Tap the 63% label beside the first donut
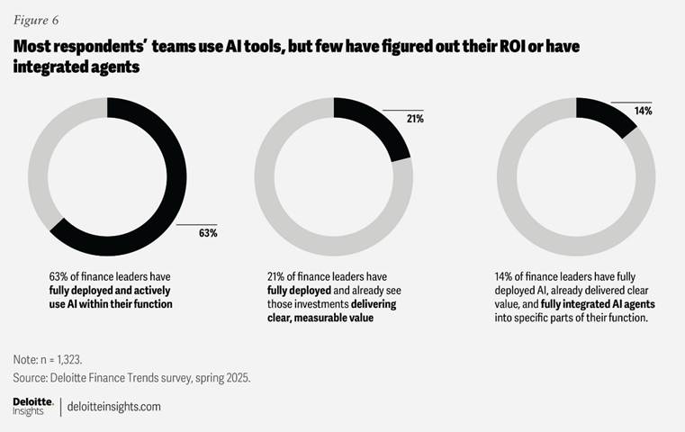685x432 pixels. click(208, 233)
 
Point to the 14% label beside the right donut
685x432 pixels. click(643, 111)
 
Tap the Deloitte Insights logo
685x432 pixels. click(32, 406)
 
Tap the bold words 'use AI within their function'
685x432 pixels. click(111, 304)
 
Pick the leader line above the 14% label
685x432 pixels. click(632, 101)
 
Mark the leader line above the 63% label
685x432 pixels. click(197, 223)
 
